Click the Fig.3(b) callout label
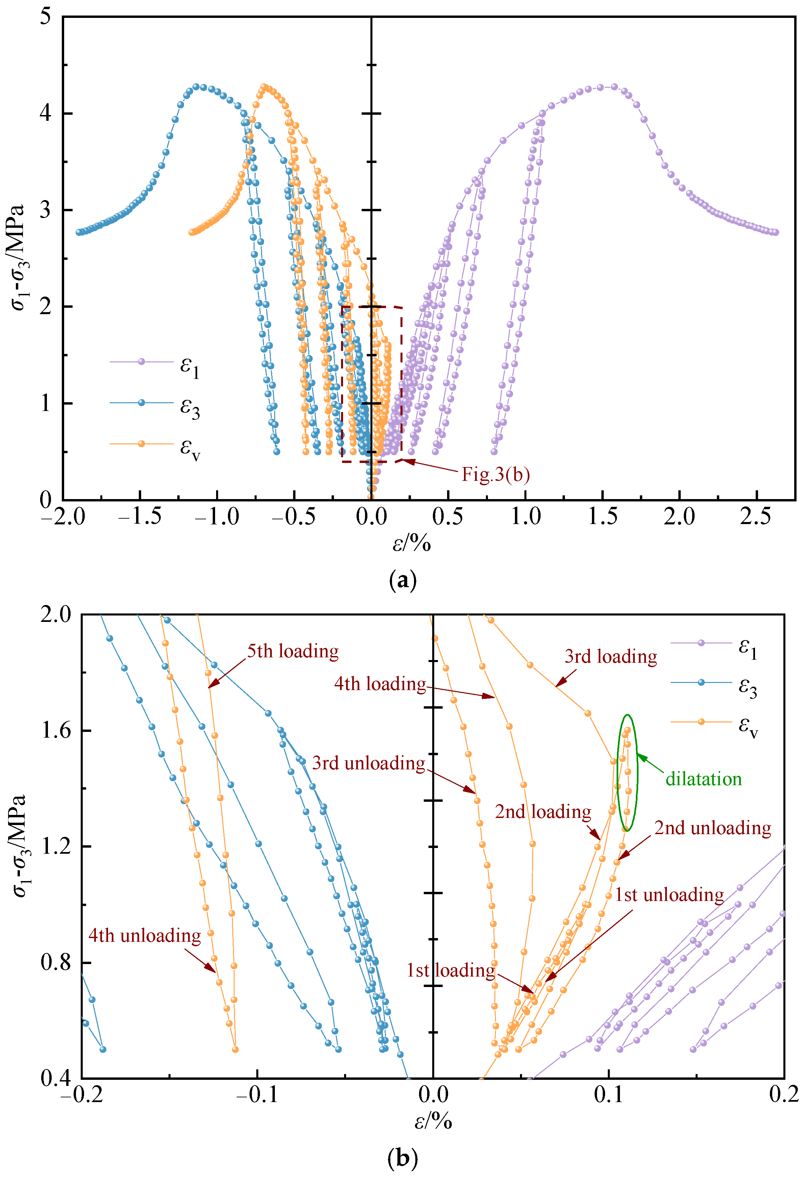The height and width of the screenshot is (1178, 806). [x=495, y=474]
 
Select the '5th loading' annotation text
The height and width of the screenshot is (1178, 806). [x=293, y=651]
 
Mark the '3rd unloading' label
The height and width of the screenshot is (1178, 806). [x=368, y=763]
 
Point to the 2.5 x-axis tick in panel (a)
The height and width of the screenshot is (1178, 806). [x=756, y=517]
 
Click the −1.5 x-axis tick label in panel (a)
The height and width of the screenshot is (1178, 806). [x=139, y=517]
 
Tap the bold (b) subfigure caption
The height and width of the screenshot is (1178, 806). [x=402, y=1158]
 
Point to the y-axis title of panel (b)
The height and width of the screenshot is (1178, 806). [x=19, y=846]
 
